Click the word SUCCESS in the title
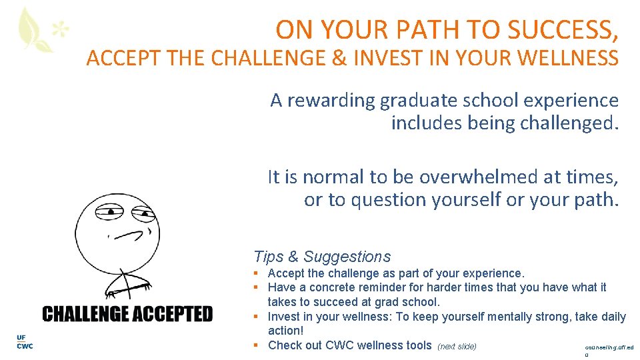tap(562, 29)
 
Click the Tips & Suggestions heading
tap(322, 257)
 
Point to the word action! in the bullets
tap(285, 331)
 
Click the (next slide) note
tap(457, 346)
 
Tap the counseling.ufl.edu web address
tap(609, 348)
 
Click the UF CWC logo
tap(24, 342)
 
